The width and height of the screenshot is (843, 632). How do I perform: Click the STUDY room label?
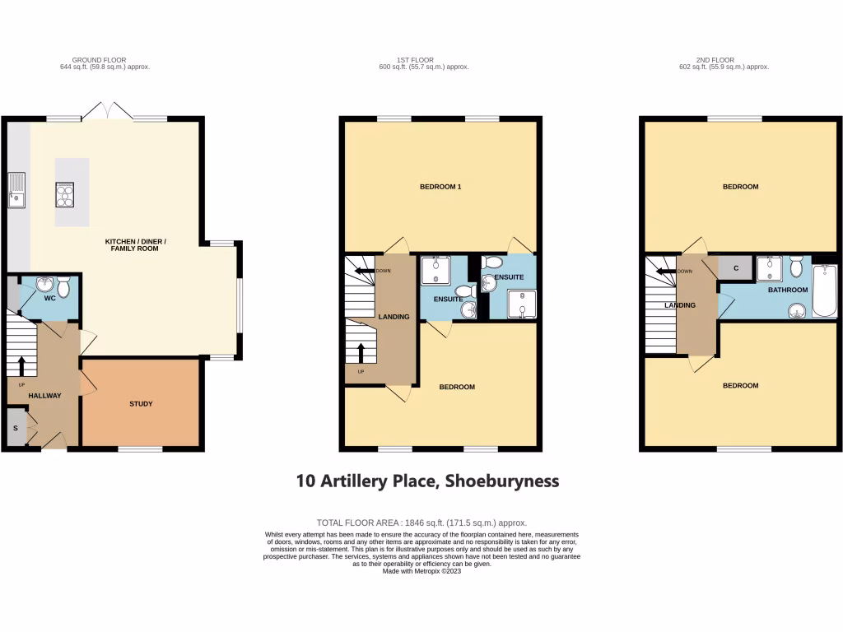coord(141,404)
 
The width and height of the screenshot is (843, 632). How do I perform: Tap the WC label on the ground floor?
coord(49,298)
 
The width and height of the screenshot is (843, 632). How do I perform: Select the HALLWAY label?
coord(44,396)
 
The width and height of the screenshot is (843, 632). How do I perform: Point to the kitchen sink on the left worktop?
coord(16,190)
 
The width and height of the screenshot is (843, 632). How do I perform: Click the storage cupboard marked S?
coord(15,429)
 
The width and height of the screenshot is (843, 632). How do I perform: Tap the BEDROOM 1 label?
coord(440,187)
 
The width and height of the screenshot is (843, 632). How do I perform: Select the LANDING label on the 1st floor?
coord(394,317)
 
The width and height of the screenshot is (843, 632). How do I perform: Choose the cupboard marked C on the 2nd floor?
coord(734,267)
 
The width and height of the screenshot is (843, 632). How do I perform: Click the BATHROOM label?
coord(787,290)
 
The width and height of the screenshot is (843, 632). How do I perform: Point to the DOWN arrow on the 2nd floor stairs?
coord(666,270)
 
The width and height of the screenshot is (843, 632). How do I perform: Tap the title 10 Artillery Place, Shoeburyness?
coord(427,481)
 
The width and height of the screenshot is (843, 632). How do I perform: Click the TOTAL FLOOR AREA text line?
coord(421,523)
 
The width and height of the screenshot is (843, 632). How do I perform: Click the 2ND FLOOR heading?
coord(715,60)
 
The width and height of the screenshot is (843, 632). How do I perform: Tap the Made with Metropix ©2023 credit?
coord(421,571)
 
